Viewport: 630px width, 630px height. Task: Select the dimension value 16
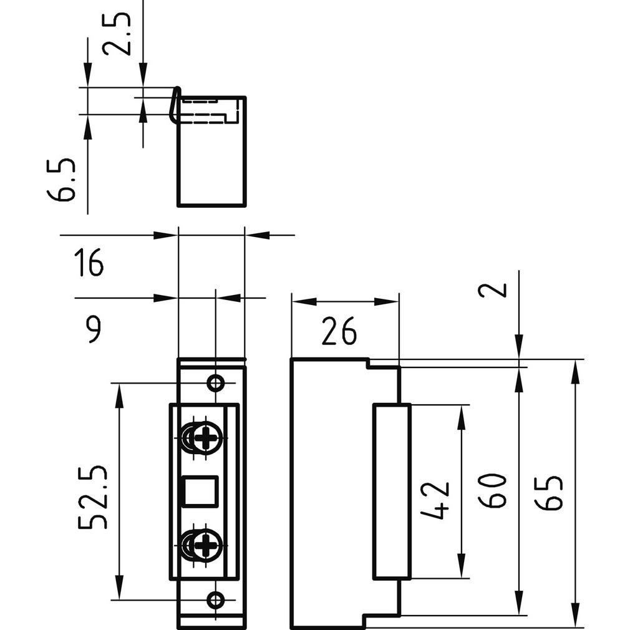89,263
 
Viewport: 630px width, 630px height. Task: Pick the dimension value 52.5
94,497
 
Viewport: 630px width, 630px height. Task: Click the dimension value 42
435,500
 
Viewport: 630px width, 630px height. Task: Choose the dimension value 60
492,492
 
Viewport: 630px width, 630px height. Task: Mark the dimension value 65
551,493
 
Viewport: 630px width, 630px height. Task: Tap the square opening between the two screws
199,491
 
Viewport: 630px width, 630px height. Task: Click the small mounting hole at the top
216,382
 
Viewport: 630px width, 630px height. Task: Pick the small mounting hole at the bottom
216,600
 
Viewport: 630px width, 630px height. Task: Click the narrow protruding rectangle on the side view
391,492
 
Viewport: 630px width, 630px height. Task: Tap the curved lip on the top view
175,104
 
